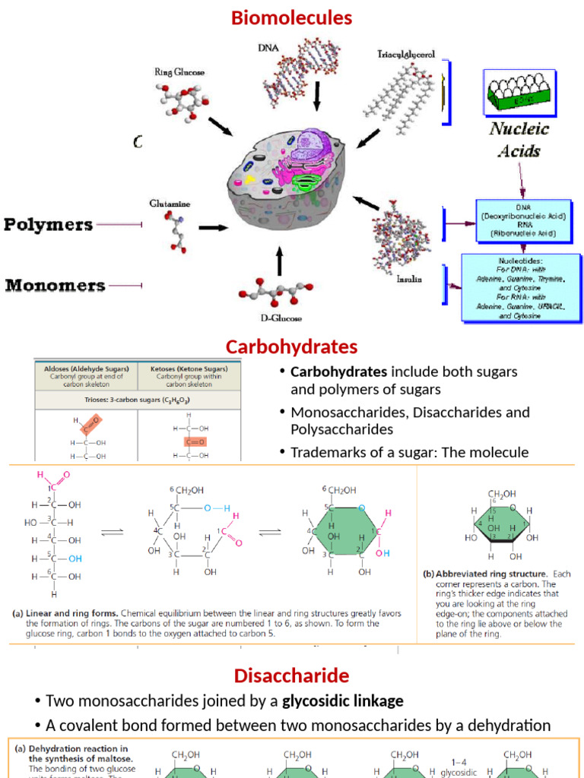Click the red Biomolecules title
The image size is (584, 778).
pyautogui.click(x=292, y=17)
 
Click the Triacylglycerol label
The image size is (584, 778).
pyautogui.click(x=406, y=55)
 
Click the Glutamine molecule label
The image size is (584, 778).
pyautogui.click(x=170, y=204)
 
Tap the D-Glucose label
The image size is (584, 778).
pyautogui.click(x=281, y=318)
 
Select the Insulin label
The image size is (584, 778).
pyautogui.click(x=408, y=279)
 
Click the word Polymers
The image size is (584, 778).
pyautogui.click(x=49, y=225)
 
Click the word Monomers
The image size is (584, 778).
pyautogui.click(x=56, y=286)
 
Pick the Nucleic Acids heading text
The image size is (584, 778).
pyautogui.click(x=519, y=139)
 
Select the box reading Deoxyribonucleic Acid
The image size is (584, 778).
pyautogui.click(x=522, y=221)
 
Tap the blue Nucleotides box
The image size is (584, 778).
pyautogui.click(x=522, y=287)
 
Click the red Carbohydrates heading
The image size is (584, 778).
pyautogui.click(x=291, y=347)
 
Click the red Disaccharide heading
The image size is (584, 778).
pyautogui.click(x=291, y=675)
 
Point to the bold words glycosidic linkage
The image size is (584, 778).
pyautogui.click(x=342, y=701)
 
